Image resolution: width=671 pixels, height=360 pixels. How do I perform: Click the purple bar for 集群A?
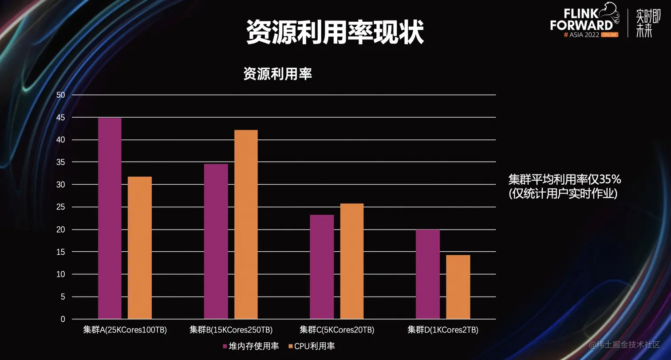coord(110,218)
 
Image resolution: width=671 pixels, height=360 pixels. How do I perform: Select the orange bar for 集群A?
coord(140,248)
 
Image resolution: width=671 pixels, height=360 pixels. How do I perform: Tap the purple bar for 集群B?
coord(216,241)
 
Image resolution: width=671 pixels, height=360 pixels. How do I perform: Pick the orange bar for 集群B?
coord(246,225)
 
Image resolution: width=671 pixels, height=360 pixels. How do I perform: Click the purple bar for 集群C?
coord(322,267)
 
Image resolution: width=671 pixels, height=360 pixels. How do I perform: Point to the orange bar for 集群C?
coord(352,261)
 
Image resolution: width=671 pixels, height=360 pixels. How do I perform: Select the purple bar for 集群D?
coord(428,274)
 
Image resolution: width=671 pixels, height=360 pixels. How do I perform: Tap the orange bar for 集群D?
coord(458,287)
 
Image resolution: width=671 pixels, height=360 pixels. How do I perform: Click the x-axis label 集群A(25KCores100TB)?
coord(125,330)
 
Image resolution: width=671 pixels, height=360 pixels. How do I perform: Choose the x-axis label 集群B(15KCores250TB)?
coord(231,330)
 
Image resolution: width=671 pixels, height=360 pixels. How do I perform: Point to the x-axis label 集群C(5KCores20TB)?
coord(337,330)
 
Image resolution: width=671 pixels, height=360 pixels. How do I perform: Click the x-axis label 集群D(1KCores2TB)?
coord(443,330)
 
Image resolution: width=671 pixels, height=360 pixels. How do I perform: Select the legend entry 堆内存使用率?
coord(251,346)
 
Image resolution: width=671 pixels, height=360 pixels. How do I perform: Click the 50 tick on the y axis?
coord(60,95)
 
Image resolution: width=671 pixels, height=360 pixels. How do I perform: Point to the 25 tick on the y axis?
coord(60,207)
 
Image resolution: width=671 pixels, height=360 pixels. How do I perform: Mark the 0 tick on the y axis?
coord(63,319)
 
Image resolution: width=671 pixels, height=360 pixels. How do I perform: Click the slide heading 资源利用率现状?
coord(335,32)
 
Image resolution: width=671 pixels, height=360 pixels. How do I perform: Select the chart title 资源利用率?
coord(278,74)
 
